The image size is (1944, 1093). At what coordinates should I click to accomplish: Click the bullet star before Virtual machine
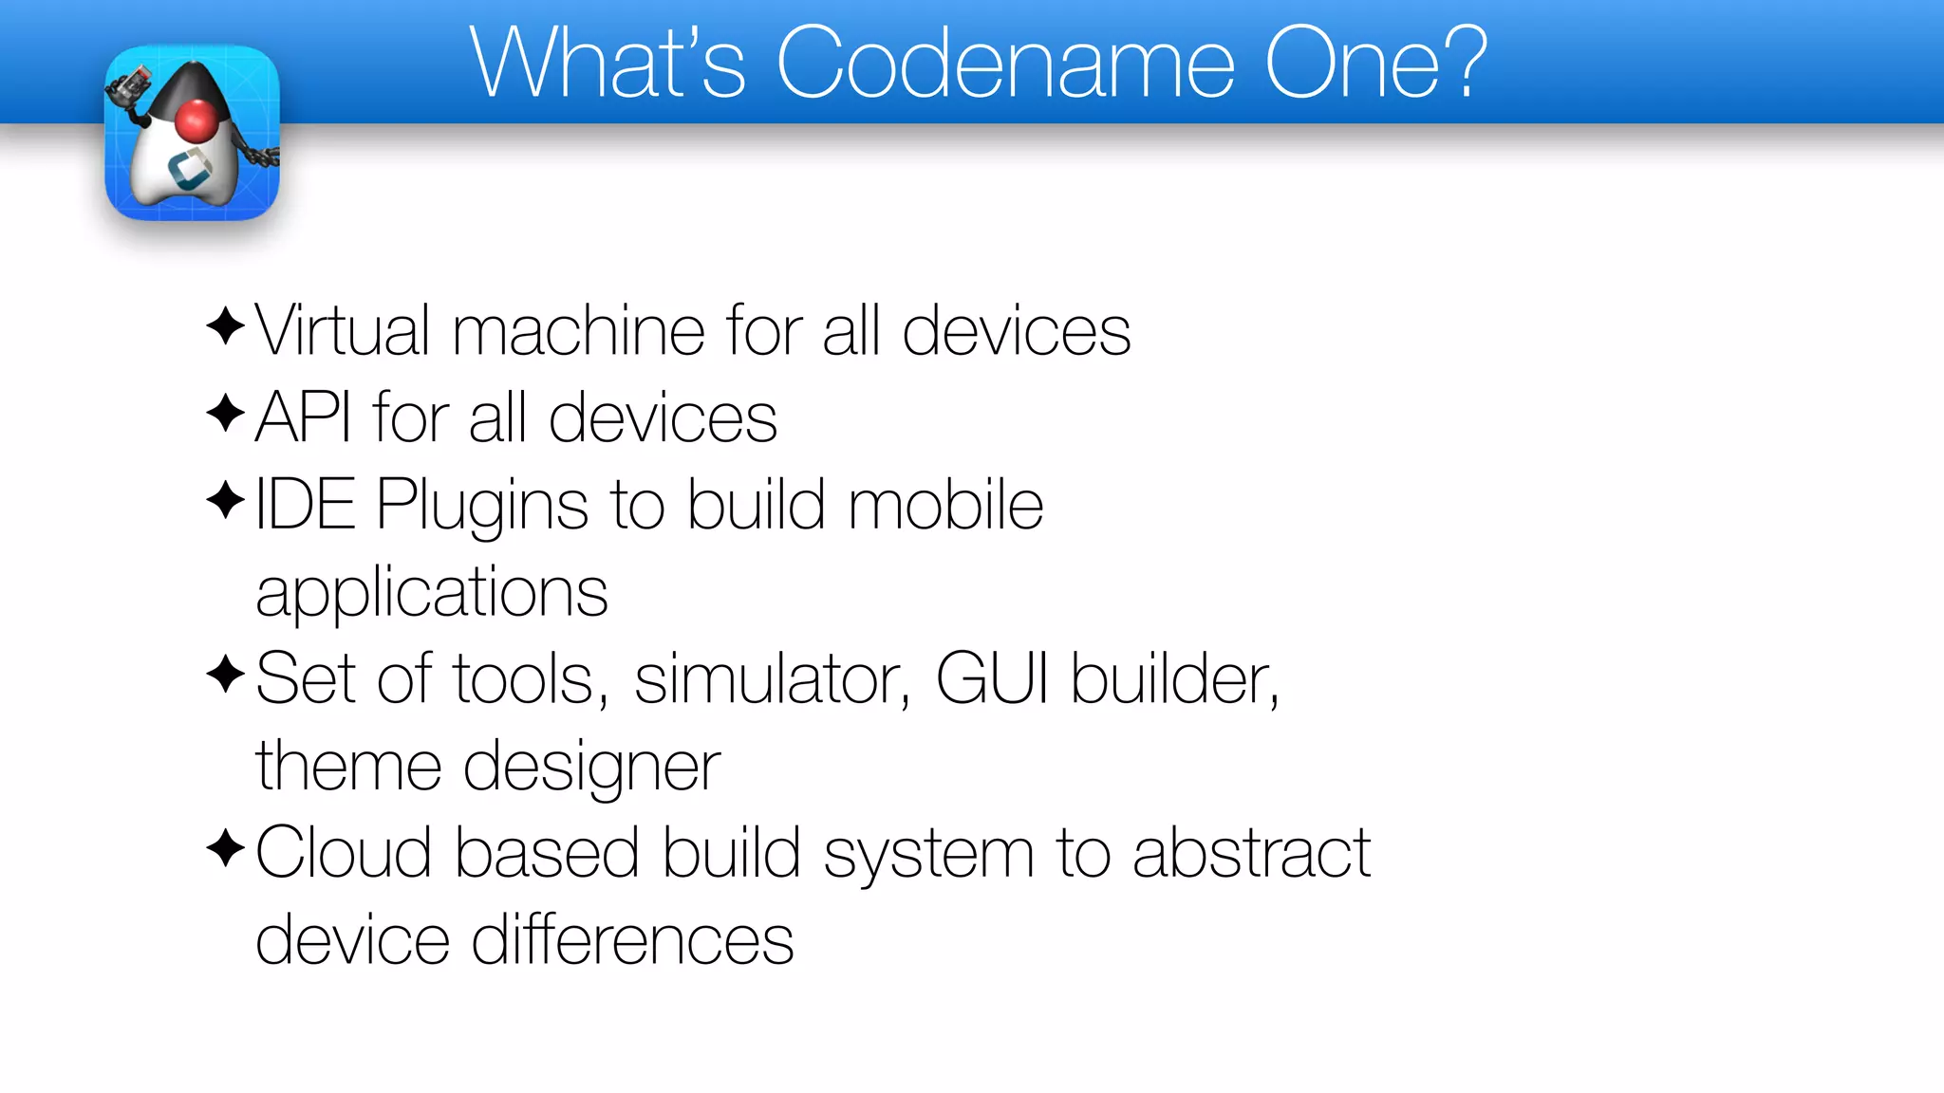click(226, 326)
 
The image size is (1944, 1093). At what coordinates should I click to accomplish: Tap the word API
click(303, 417)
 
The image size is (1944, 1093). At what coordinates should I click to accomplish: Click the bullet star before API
click(226, 413)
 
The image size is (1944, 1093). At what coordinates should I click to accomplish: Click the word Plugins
click(482, 506)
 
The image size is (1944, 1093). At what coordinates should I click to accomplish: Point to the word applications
click(432, 593)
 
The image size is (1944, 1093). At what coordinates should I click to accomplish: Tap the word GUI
click(993, 678)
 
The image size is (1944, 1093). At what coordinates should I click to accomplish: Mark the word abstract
click(1252, 852)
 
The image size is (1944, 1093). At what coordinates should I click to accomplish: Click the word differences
click(632, 939)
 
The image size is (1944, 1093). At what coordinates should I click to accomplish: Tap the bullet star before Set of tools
click(226, 675)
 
